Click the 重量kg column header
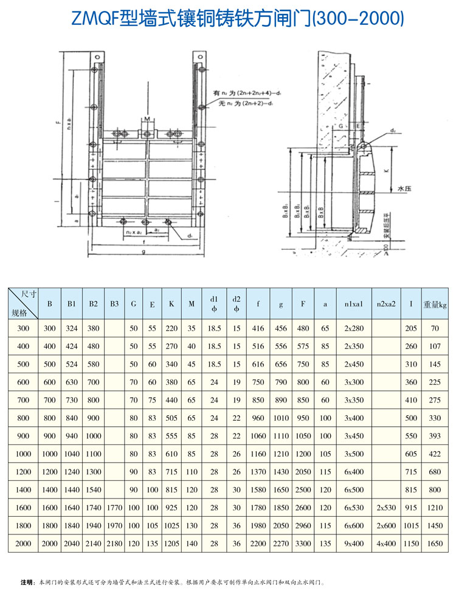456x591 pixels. (435, 303)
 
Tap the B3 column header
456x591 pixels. (114, 303)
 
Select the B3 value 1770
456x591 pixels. (114, 506)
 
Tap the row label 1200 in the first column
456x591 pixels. (23, 472)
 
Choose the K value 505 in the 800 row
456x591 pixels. (172, 418)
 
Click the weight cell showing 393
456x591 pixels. (435, 436)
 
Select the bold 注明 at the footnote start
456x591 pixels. (27, 582)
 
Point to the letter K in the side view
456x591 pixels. (387, 173)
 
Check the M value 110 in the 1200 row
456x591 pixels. (192, 472)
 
